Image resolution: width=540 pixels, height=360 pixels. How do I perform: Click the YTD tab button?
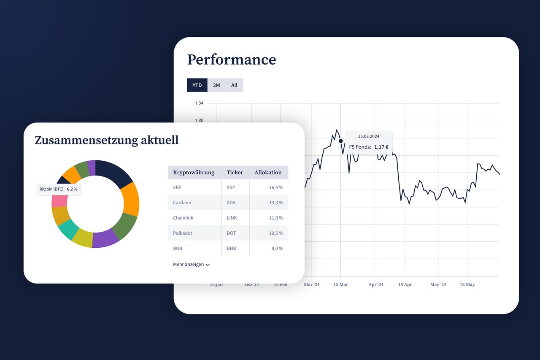[197, 85]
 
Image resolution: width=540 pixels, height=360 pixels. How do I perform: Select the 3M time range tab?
[216, 85]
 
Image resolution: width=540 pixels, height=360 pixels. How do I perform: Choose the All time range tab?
[234, 85]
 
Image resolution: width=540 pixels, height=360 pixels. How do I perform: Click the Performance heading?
[232, 60]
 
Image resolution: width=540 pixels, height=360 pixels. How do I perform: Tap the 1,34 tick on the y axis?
[199, 103]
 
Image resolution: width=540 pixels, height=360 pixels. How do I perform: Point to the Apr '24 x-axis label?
[376, 284]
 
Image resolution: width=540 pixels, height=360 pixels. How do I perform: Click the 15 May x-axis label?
[467, 284]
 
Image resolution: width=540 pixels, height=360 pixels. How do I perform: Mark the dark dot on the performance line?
[340, 141]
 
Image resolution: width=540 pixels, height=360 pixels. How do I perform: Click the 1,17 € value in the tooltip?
[381, 147]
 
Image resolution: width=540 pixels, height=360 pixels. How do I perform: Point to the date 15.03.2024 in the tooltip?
[369, 136]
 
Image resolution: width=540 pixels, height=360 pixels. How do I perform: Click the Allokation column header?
[268, 173]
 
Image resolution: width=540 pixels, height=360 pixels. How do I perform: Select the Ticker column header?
[235, 173]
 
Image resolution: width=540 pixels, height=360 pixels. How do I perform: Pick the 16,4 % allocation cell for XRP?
[276, 187]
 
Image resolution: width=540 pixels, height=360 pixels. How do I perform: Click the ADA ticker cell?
[231, 203]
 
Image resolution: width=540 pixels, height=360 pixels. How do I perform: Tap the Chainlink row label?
[183, 218]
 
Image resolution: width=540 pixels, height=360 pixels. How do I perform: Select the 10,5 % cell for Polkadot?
[276, 233]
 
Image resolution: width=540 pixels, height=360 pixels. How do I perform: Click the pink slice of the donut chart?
[59, 201]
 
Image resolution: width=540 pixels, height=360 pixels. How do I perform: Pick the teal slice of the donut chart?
[68, 229]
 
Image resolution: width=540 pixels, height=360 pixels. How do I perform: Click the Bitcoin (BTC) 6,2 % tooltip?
[58, 189]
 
